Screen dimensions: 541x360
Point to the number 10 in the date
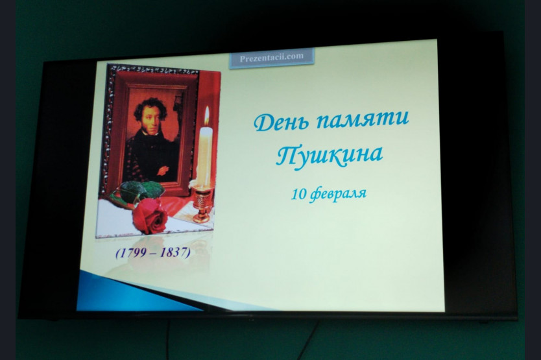tap(298, 195)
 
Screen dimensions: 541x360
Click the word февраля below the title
tap(338, 195)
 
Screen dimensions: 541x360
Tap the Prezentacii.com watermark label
tap(272, 57)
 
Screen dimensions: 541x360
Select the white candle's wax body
tap(204, 157)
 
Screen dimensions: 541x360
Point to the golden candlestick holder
tap(202, 204)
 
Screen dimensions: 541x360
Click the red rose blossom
tap(150, 215)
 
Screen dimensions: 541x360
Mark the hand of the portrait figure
tap(163, 170)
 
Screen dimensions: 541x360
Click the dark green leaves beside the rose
tap(140, 191)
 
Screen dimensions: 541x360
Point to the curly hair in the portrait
tap(150, 109)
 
